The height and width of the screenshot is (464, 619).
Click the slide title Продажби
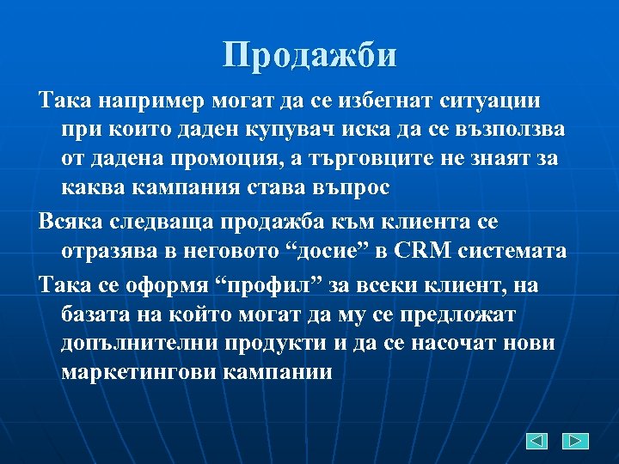click(309, 56)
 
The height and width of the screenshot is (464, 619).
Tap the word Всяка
click(70, 222)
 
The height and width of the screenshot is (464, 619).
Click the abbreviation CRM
click(426, 252)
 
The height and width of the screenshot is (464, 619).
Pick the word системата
click(514, 252)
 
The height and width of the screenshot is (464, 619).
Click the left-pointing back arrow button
click(537, 441)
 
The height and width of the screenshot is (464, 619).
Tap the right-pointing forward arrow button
click(575, 441)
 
